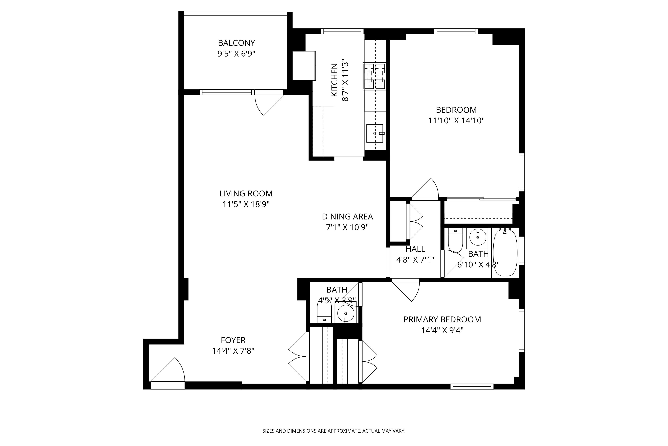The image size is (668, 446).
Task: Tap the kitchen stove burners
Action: coord(375,76)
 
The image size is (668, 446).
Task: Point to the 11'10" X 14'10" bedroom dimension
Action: coord(456,121)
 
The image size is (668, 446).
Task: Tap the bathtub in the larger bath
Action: coord(505,252)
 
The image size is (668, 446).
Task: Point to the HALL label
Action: coord(415,249)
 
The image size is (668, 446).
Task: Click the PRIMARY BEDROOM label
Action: coord(442,319)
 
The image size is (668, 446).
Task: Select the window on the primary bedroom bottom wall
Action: coord(472,386)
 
